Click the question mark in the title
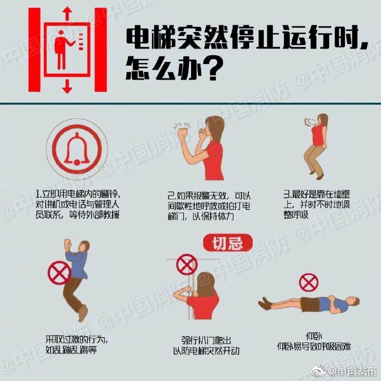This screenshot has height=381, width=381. [x=214, y=70]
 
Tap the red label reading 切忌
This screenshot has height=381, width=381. [x=228, y=243]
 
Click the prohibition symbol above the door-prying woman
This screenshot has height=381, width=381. [x=187, y=264]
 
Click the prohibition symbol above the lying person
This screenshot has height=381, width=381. [x=309, y=282]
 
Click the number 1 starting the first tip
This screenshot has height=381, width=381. [x=37, y=195]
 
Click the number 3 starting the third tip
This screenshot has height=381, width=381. [x=286, y=194]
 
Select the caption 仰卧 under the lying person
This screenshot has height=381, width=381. [x=313, y=336]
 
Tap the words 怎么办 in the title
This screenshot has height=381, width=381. [x=166, y=70]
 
